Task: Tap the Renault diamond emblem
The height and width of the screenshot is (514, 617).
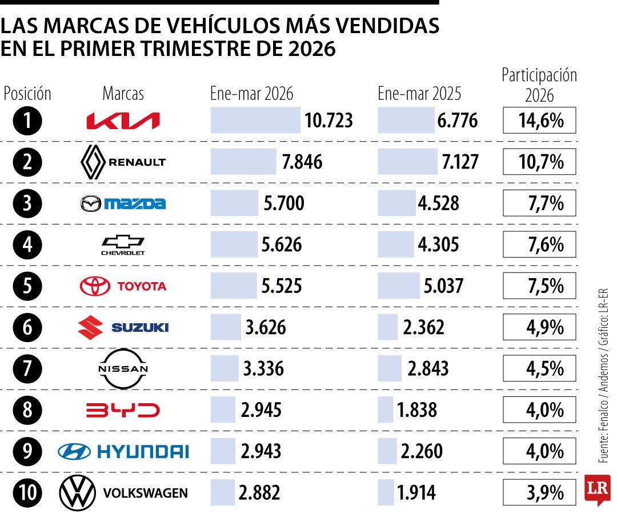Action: click(92, 162)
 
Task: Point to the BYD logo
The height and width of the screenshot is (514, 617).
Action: click(123, 410)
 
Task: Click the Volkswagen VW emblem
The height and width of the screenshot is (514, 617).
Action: click(77, 493)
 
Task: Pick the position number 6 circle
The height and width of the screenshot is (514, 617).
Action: click(27, 328)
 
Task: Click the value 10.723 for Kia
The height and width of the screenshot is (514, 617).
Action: click(328, 121)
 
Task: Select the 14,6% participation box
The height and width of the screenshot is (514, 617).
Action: click(539, 121)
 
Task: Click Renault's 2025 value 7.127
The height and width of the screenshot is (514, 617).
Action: click(459, 162)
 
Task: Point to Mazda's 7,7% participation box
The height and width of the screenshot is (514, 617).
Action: click(539, 203)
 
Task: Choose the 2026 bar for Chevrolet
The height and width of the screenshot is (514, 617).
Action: click(234, 244)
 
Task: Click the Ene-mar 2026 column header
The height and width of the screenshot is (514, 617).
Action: click(251, 93)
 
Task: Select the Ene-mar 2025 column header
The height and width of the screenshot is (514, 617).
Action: click(419, 93)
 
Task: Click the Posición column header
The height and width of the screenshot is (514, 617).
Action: click(27, 93)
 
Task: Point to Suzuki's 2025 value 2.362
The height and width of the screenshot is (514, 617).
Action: click(423, 328)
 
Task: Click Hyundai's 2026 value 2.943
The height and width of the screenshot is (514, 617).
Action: click(261, 451)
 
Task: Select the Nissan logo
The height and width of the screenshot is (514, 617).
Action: click(123, 368)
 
